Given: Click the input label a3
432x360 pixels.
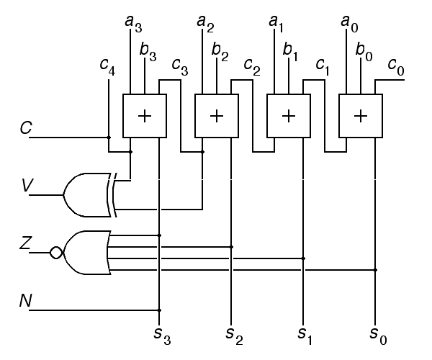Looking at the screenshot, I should click(134, 24).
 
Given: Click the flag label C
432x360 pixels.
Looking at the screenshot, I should click(27, 129).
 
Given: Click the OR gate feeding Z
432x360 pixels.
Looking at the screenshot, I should click(87, 253).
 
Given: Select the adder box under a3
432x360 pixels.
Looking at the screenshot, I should click(145, 116).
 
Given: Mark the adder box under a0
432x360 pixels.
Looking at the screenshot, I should click(361, 116).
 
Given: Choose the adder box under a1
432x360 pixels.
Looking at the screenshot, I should click(289, 116).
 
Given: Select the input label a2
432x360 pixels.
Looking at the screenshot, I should click(206, 24).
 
